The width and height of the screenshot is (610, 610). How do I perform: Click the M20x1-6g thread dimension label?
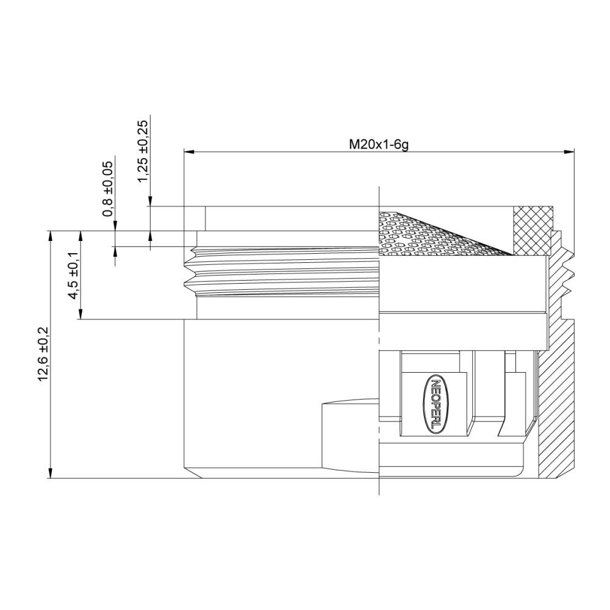378,145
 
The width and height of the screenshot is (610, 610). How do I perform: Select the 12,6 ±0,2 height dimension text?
43,354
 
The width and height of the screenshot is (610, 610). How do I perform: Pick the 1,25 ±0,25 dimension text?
143,151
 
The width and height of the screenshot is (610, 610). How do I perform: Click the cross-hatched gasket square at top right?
533,231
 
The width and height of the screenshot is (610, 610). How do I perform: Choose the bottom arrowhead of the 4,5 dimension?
81,315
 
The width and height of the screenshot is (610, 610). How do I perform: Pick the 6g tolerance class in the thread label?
399,145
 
